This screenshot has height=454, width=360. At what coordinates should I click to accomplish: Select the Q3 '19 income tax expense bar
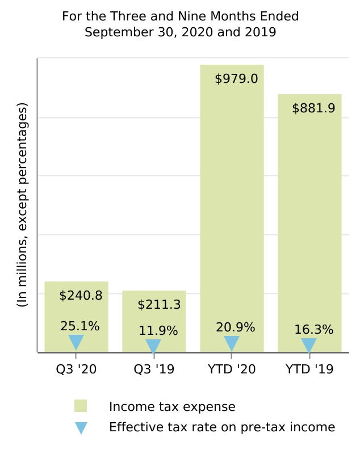point(154,318)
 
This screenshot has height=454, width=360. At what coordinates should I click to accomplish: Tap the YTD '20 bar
point(232,204)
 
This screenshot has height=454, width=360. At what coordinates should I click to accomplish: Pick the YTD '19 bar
point(309,221)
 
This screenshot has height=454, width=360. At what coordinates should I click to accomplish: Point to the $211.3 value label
point(159,305)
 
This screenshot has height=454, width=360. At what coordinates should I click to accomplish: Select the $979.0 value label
point(236,79)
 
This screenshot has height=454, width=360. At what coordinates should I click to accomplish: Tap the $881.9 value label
point(313,108)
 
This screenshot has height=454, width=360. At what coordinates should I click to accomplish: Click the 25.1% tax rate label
point(80,326)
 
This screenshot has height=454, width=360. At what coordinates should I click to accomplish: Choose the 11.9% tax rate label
point(158,331)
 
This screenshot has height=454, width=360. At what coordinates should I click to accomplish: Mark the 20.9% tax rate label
point(236,327)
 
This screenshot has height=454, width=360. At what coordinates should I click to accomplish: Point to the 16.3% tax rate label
point(313,330)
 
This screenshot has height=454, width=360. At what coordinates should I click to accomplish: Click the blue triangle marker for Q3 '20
point(76,342)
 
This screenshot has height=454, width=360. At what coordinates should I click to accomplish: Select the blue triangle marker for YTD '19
point(309,345)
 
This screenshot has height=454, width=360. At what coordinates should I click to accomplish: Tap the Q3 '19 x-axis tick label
point(154,369)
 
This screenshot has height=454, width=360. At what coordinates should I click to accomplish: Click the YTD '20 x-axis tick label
point(232,369)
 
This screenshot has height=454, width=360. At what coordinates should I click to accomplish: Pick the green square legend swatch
point(81,406)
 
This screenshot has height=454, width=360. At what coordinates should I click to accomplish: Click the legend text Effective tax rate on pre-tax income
point(222,427)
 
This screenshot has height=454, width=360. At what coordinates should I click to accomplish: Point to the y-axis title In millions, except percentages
point(22,205)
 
